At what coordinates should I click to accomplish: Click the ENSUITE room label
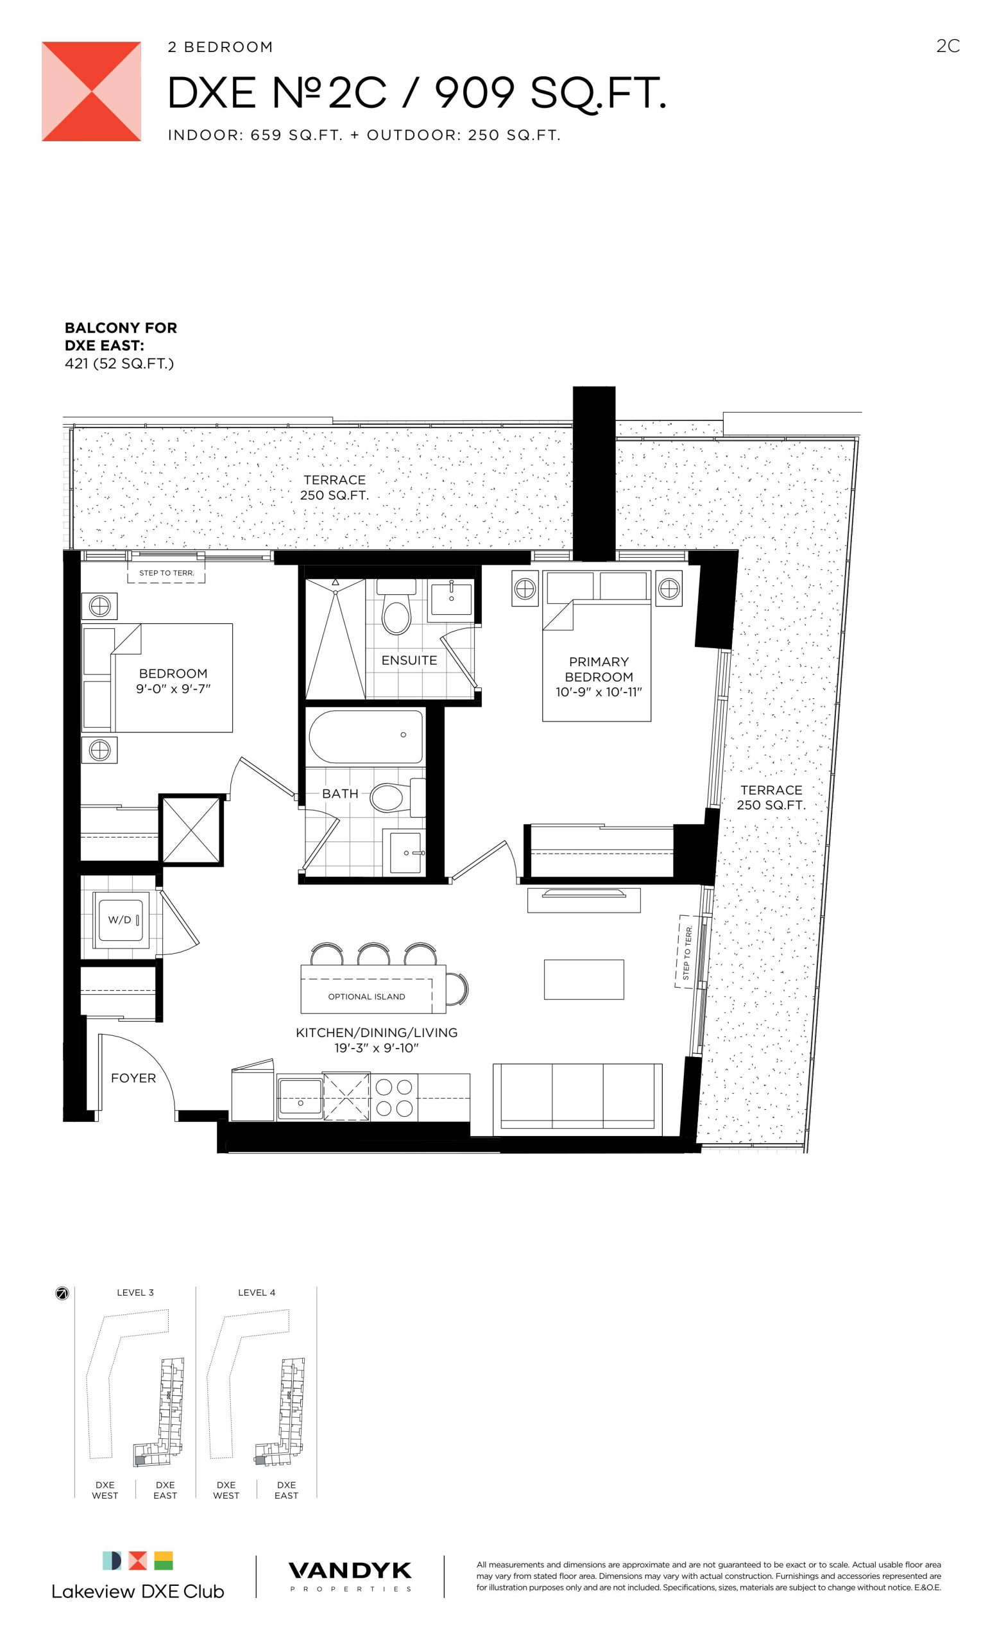409,660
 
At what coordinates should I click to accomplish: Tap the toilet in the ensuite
396,607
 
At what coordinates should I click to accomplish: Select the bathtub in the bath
365,736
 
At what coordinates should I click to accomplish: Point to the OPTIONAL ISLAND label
366,996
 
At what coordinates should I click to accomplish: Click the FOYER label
133,1078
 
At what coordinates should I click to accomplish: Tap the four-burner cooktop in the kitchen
394,1097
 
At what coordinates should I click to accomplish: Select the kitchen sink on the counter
300,1097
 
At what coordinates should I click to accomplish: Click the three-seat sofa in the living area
577,1099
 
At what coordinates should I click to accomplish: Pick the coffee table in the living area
584,979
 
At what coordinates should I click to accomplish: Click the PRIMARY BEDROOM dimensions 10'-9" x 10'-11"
599,692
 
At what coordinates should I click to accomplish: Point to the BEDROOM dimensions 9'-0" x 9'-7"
173,689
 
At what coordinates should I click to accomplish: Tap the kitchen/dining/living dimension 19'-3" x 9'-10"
376,1047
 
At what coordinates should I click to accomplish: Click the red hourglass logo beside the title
91,91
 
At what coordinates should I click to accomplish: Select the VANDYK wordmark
350,1571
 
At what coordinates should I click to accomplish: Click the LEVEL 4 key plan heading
257,1293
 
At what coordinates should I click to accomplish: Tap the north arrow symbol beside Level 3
62,1294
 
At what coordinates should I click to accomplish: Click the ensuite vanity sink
451,598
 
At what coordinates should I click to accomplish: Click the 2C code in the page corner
948,46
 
